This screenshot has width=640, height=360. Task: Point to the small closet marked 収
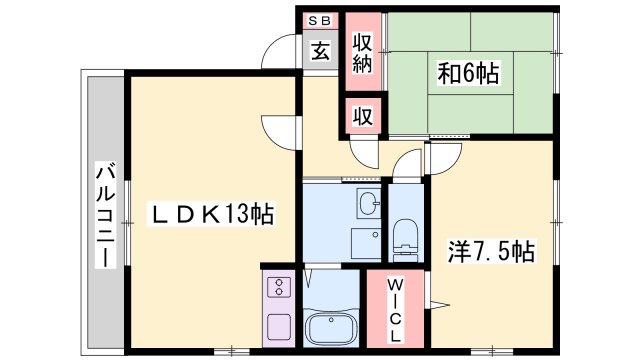(x=363, y=115)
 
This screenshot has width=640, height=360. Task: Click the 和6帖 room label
(x=469, y=73)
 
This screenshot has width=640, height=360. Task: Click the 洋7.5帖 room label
(x=490, y=252)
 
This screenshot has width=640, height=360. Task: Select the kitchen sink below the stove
(x=277, y=325)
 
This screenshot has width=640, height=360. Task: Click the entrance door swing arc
(x=283, y=55)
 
